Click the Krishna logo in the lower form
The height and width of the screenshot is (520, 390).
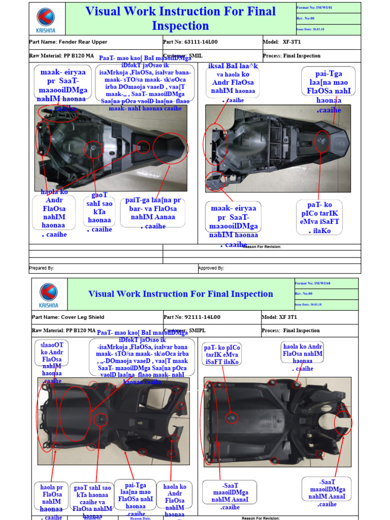[x=49, y=295]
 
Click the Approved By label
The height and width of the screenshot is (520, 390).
[x=211, y=268]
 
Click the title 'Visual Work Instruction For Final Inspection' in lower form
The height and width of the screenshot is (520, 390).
[x=180, y=294]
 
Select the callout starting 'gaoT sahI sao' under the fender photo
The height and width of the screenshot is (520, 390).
[x=99, y=212]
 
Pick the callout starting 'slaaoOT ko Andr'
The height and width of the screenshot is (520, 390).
[x=52, y=362]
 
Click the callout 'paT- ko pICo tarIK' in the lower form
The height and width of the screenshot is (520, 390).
[x=222, y=354]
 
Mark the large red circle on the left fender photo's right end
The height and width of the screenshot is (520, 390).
[x=170, y=147]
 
